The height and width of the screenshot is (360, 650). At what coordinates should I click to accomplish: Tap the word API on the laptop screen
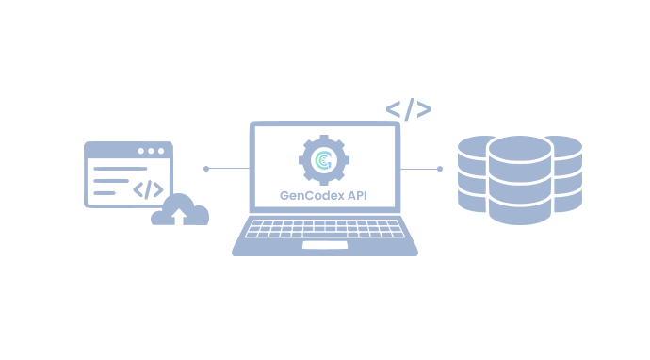click(x=358, y=197)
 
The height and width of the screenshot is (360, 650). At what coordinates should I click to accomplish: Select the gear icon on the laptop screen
click(x=325, y=160)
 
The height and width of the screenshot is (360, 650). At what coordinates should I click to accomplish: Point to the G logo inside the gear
click(x=325, y=161)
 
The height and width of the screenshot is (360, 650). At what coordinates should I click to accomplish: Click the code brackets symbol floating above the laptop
click(x=408, y=109)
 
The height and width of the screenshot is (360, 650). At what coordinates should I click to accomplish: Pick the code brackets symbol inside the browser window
click(x=148, y=188)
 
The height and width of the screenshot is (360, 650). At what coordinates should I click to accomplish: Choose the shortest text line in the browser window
click(x=104, y=193)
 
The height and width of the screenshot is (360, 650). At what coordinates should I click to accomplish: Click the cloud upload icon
click(x=180, y=210)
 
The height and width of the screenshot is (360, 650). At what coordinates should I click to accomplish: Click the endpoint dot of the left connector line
click(x=206, y=169)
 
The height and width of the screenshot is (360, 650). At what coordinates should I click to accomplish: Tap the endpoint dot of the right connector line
click(x=439, y=169)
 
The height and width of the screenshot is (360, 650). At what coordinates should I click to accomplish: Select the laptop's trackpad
click(x=324, y=246)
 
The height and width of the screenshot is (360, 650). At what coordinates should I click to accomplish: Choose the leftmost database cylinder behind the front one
click(x=471, y=174)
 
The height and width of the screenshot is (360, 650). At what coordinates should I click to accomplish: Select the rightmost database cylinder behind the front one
click(x=566, y=174)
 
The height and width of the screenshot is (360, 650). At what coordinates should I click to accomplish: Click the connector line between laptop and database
click(x=419, y=169)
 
